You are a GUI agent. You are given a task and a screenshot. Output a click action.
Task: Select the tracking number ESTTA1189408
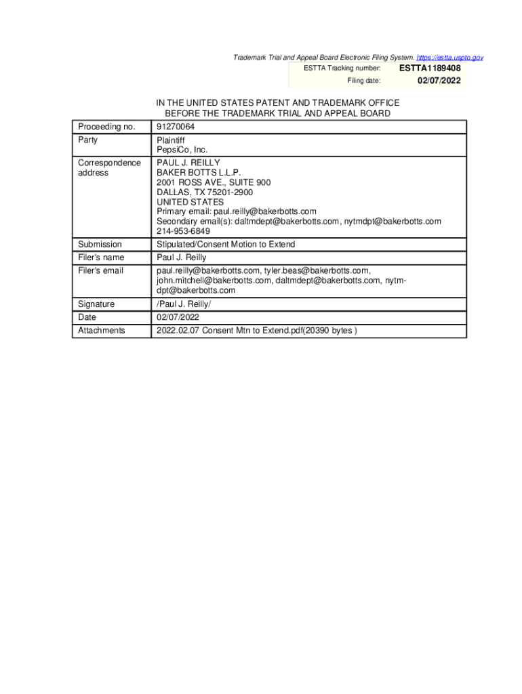430,68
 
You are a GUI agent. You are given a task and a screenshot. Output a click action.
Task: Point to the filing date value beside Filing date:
439,81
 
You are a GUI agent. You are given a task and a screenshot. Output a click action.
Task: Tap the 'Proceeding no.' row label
106,127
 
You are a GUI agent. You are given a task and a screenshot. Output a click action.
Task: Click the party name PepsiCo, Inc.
182,150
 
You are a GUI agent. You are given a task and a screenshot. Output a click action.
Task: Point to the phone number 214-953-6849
178,230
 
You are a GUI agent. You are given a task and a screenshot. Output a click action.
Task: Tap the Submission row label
100,244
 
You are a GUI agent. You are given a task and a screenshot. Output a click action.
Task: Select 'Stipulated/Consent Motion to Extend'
226,244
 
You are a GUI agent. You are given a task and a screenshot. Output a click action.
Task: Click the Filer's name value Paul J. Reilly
182,258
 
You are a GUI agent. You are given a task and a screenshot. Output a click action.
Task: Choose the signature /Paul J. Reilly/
183,304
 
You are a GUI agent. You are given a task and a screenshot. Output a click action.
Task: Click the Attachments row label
102,330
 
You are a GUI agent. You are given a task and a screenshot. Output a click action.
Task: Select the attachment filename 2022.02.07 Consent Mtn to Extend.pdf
229,330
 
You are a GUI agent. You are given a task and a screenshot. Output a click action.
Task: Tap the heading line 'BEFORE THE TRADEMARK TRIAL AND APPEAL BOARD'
277,114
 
